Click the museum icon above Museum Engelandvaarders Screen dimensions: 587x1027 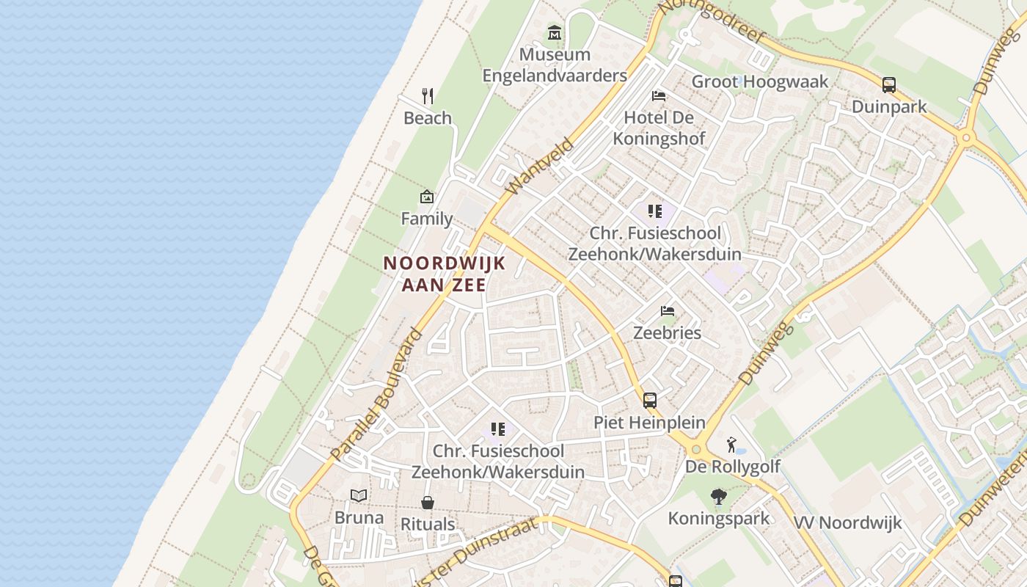point(555,33)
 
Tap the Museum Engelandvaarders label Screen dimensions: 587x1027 point(555,65)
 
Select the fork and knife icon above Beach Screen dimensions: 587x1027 point(428,96)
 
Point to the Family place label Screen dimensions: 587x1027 point(426,218)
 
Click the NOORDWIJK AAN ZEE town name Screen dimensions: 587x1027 point(445,274)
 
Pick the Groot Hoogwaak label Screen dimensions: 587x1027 point(760,81)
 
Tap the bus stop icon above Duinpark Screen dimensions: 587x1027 point(889,84)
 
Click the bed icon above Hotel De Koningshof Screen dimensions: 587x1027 point(659,96)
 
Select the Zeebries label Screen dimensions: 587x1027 point(667,332)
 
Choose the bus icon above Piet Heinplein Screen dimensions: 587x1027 point(650,401)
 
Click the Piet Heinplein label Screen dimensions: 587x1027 point(649,423)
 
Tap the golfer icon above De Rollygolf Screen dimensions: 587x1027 point(731,445)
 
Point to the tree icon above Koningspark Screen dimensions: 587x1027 point(719,497)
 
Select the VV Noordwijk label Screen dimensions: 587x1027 point(847,523)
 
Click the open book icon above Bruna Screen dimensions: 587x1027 point(359,496)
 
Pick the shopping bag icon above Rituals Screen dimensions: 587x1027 point(428,503)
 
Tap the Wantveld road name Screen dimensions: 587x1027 point(538,167)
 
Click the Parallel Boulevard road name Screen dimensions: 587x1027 point(377,394)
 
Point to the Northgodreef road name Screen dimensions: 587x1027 point(711,21)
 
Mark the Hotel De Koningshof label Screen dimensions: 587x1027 point(659,128)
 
